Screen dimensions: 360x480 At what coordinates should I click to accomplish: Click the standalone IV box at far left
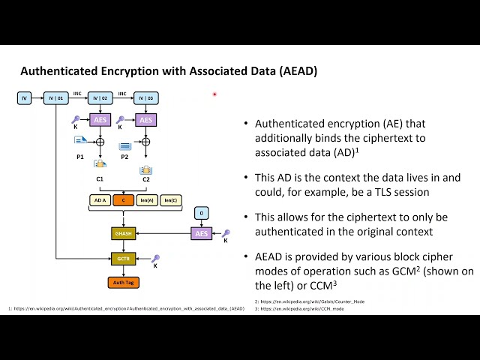tap(25, 98)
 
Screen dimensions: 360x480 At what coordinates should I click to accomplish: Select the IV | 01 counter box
tap(56, 98)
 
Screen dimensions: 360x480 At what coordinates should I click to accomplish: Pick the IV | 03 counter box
tap(145, 98)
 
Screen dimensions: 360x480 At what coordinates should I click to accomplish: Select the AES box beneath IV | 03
tap(146, 120)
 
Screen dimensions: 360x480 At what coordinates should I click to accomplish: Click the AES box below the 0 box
tap(200, 234)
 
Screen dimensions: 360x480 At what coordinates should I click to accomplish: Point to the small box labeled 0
tap(200, 214)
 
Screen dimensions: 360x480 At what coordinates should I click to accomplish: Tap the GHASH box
tap(122, 234)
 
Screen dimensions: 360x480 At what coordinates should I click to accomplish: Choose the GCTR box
tap(122, 258)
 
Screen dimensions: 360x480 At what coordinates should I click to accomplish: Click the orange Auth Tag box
tap(122, 283)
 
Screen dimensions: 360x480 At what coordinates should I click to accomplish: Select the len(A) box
tap(146, 199)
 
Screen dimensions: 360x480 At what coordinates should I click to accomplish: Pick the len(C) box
tap(170, 199)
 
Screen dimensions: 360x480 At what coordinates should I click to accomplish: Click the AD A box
tap(99, 199)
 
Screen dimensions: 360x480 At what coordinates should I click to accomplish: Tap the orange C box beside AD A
tap(122, 199)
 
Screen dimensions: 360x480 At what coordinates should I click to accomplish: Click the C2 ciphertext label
tap(146, 180)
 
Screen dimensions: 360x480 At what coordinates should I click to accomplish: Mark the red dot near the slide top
tap(214, 94)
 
